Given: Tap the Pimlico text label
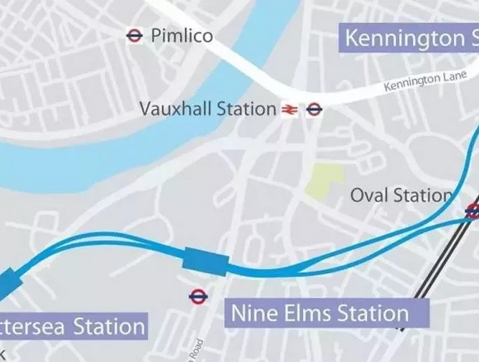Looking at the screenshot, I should (x=182, y=35).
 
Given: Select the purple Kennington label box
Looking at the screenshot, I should (x=409, y=37).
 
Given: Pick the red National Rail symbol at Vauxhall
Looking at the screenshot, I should (x=289, y=110).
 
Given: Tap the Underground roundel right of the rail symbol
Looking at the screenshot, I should (x=314, y=110).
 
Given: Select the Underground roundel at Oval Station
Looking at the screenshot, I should (x=473, y=210).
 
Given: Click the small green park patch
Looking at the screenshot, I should (x=327, y=180).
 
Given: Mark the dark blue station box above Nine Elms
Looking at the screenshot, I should (x=205, y=261).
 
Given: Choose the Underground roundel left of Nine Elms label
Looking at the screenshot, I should (x=197, y=295).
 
